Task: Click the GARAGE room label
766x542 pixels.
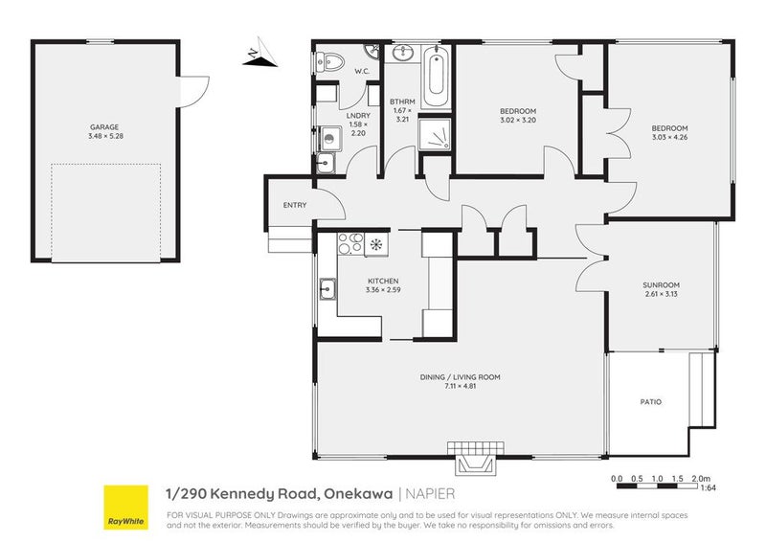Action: tap(104, 127)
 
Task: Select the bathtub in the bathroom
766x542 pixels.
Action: tap(436, 76)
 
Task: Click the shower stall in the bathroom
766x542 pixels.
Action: tap(435, 134)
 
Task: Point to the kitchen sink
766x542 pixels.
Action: tap(327, 289)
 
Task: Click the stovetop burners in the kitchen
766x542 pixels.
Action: tap(350, 244)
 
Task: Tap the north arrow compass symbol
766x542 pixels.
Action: tap(259, 53)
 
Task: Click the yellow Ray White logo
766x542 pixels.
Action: tap(126, 507)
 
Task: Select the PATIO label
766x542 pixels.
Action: tap(651, 402)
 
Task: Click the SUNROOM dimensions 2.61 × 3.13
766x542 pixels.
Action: tap(661, 294)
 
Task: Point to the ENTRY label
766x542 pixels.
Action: tap(295, 205)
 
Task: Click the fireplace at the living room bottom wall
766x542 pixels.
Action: tap(476, 459)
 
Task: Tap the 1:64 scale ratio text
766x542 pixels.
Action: tap(708, 487)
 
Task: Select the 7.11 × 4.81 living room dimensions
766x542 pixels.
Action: tap(460, 386)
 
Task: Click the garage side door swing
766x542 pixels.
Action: tap(194, 91)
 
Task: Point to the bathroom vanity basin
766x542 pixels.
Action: tap(403, 53)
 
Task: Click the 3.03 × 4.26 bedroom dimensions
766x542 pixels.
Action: tap(669, 137)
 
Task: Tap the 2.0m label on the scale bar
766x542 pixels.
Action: tap(701, 479)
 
